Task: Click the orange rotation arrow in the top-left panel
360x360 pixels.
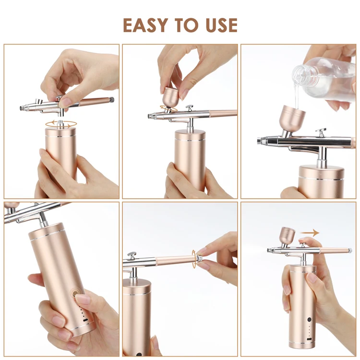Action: pos(61,124)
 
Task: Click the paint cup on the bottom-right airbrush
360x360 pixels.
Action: pos(288,236)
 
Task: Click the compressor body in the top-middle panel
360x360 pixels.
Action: pos(190,158)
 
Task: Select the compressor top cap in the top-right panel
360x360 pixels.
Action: pos(321,173)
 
